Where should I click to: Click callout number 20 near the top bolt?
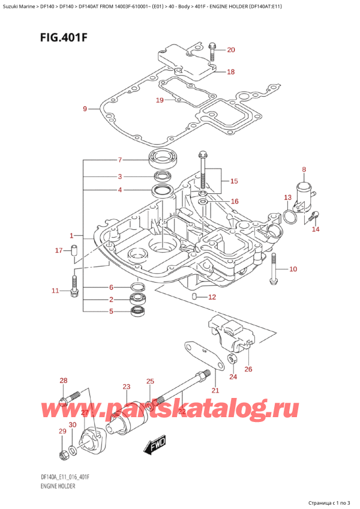(231, 50)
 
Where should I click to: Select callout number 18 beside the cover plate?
(231, 72)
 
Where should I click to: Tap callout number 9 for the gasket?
(85, 109)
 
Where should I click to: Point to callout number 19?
(160, 100)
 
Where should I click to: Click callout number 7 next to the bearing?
(120, 160)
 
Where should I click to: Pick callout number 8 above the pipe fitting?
(304, 170)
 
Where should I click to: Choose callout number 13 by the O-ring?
(287, 197)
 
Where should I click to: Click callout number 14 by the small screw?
(316, 229)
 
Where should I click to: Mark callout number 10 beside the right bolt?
(293, 269)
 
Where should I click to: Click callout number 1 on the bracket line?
(71, 235)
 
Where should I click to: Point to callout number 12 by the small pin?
(211, 297)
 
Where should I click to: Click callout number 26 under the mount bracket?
(248, 369)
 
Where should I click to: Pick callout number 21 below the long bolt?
(215, 391)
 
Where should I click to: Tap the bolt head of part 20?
(212, 45)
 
